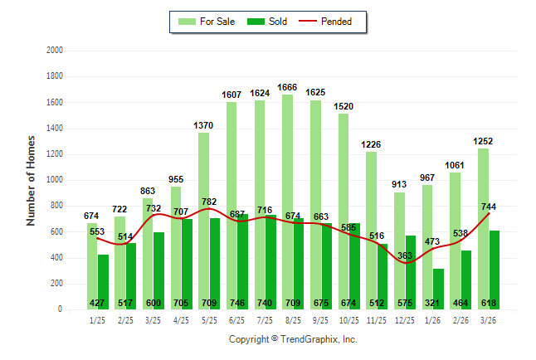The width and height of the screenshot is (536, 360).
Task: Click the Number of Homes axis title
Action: coord(32,180)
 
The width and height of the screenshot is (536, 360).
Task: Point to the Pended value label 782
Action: coord(209,202)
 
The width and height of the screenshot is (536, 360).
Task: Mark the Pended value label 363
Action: coord(404,256)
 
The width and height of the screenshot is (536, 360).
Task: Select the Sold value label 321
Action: coord(438,303)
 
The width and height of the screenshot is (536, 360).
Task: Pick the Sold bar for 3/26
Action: coord(495,265)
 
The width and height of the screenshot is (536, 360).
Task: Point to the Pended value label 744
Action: coord(489,207)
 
